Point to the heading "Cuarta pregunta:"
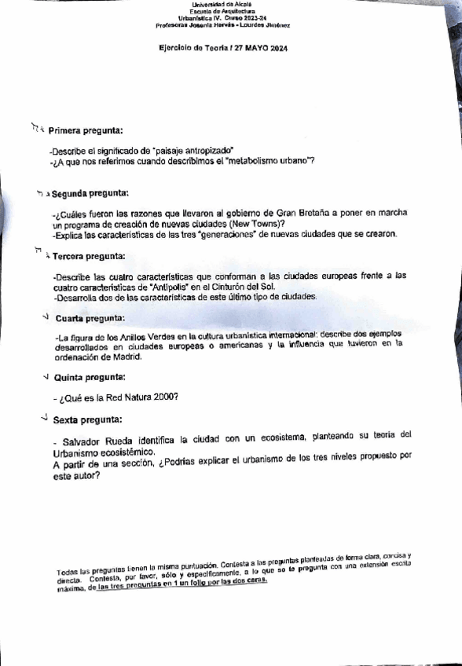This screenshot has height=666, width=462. coord(90,318)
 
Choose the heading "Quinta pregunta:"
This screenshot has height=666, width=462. coord(89,377)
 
